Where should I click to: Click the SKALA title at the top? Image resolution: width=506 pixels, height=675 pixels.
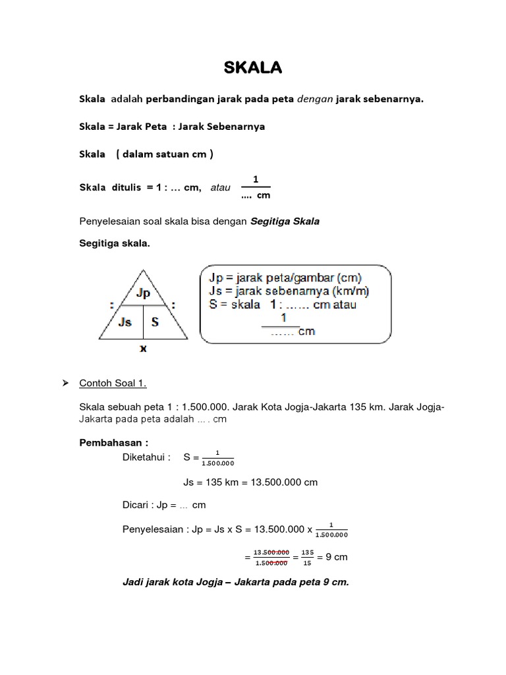[x=253, y=68]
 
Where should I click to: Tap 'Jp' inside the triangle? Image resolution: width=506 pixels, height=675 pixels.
[x=143, y=293]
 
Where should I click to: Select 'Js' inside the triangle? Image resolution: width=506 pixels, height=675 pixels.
[x=125, y=322]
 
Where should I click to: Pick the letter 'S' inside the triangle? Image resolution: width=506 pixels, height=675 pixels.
[x=155, y=322]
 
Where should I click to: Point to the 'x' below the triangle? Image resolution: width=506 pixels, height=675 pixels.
[x=143, y=349]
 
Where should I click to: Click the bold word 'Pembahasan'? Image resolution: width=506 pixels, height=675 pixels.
[x=105, y=443]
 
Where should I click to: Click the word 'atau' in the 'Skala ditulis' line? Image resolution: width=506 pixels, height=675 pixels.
[x=220, y=188]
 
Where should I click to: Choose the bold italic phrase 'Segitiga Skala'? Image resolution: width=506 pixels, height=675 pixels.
[x=285, y=221]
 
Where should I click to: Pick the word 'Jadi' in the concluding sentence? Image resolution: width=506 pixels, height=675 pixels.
[x=134, y=583]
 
